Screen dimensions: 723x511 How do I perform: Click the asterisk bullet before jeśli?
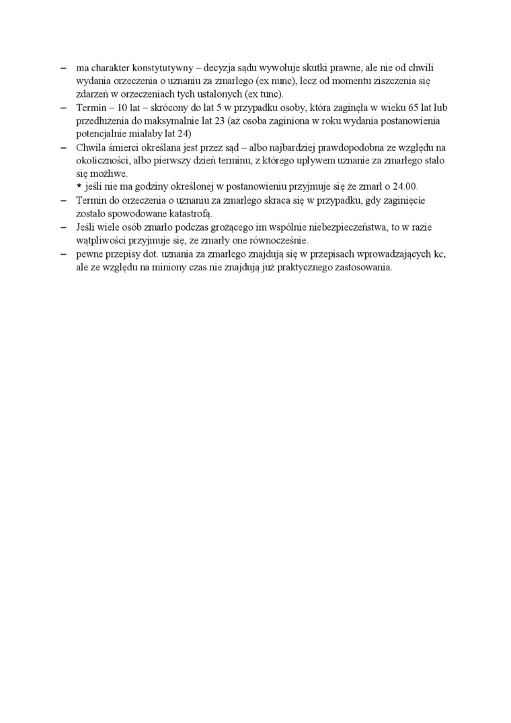click(x=79, y=186)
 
